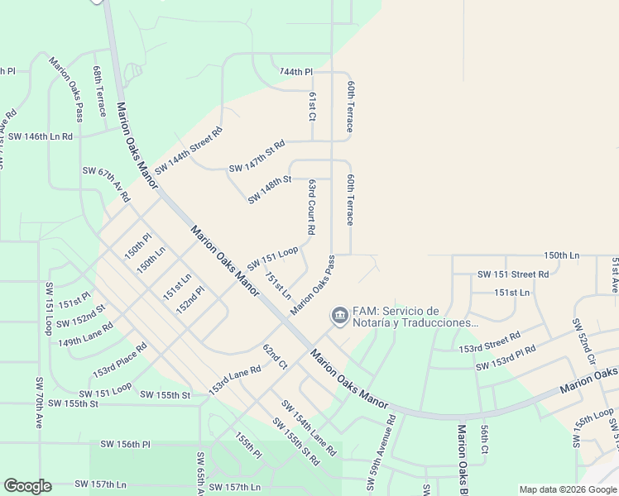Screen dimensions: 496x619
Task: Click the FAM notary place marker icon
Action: coord(339,316)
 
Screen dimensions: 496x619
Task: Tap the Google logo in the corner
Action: coord(27,486)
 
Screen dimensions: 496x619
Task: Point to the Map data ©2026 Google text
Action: coord(567,489)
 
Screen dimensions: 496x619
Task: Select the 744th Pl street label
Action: coord(296,73)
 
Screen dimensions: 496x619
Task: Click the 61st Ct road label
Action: coord(312,106)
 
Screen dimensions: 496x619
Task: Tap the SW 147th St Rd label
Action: coord(257,156)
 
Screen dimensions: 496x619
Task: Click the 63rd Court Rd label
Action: coord(311,207)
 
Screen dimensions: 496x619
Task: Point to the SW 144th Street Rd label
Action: coord(189,149)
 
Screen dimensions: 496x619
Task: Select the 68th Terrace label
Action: coord(99,92)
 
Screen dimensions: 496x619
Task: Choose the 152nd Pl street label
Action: coord(190,298)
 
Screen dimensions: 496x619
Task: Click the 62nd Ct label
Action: coord(274,356)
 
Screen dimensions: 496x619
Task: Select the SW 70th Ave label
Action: coord(39,400)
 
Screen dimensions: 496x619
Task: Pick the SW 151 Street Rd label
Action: coord(513,274)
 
